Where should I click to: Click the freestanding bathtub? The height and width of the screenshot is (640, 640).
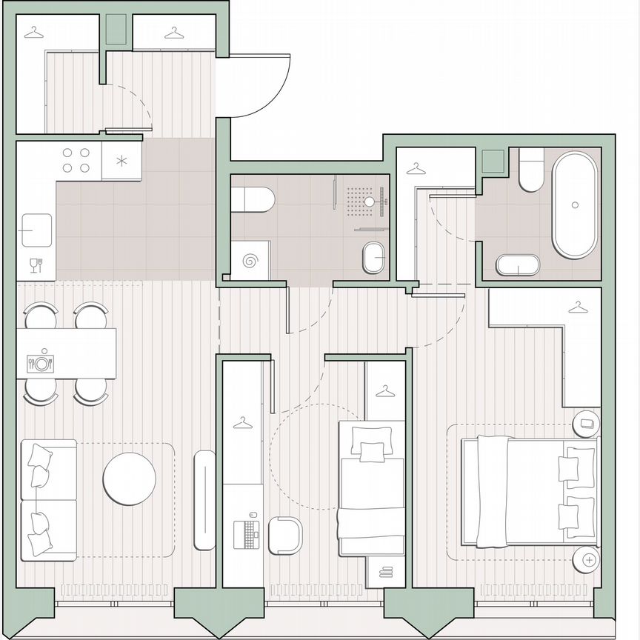(574, 205)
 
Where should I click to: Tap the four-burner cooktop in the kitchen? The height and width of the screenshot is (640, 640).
(76, 161)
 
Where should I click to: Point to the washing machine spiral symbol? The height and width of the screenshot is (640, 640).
(250, 261)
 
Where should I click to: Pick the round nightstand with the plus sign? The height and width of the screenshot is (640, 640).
(589, 560)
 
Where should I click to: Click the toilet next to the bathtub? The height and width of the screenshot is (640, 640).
(530, 172)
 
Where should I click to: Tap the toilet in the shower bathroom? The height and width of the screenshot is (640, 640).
(252, 199)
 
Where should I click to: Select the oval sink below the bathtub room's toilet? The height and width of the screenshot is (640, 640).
(517, 264)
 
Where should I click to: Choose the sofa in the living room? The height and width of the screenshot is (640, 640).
(48, 499)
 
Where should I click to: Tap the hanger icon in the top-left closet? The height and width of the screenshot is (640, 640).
(33, 33)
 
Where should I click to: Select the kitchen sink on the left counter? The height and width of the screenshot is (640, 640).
(35, 230)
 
